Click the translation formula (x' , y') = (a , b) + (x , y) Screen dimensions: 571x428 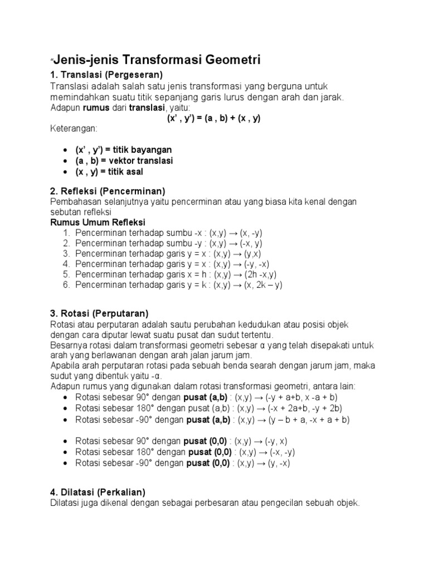tap(214, 118)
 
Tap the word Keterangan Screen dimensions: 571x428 tap(74, 129)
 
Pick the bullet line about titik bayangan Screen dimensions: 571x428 tap(124, 150)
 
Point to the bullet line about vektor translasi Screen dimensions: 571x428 tap(124, 161)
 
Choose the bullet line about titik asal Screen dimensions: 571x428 tap(109, 172)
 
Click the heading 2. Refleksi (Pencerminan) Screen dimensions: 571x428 tap(108, 191)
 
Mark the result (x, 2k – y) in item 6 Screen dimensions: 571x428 tap(263, 285)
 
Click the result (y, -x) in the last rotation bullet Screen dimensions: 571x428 tap(274, 463)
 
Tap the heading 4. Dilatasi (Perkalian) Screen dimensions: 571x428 tap(98, 492)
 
